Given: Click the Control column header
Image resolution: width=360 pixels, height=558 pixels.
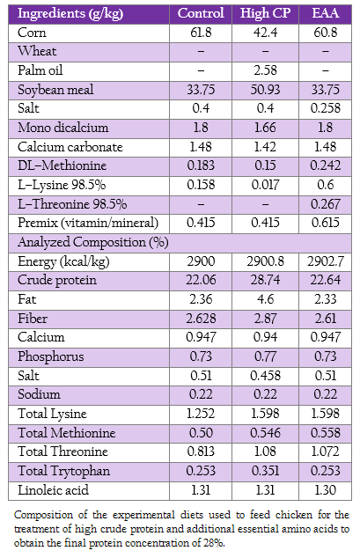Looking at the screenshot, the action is click(x=201, y=13).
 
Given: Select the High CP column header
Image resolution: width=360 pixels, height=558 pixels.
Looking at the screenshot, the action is click(x=265, y=13).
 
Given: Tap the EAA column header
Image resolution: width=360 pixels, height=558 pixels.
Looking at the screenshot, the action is click(x=325, y=13).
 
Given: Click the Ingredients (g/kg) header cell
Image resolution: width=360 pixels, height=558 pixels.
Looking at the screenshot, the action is click(x=70, y=14).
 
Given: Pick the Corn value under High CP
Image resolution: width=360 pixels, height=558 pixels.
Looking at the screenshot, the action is click(x=265, y=33).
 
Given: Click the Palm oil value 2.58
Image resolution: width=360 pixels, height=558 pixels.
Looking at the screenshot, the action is click(x=265, y=70).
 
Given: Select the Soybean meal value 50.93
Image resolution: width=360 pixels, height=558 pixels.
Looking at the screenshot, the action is click(x=265, y=89).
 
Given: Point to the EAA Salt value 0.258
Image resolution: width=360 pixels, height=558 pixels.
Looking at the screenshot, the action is click(x=325, y=108).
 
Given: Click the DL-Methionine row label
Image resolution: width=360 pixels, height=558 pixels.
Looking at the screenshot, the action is click(x=62, y=165).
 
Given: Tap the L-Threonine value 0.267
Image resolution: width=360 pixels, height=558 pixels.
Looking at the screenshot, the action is click(x=325, y=204).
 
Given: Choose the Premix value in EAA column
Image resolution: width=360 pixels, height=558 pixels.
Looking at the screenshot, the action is click(x=325, y=223).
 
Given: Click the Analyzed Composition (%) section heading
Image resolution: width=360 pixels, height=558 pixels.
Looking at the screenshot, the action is click(x=93, y=242).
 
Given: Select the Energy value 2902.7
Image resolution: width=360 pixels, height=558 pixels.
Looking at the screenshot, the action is click(x=325, y=261).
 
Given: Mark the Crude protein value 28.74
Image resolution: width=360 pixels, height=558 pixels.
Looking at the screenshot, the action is click(x=265, y=280).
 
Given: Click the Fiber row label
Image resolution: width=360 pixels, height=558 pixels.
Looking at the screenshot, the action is click(x=33, y=319).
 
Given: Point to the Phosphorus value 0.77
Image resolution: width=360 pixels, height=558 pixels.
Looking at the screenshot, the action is click(x=265, y=356).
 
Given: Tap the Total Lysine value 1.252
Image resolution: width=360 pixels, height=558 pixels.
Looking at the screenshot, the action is click(x=201, y=414).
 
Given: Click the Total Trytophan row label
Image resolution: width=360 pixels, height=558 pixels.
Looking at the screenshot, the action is click(x=64, y=471).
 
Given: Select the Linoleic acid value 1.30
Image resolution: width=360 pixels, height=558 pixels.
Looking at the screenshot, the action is click(x=325, y=490).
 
